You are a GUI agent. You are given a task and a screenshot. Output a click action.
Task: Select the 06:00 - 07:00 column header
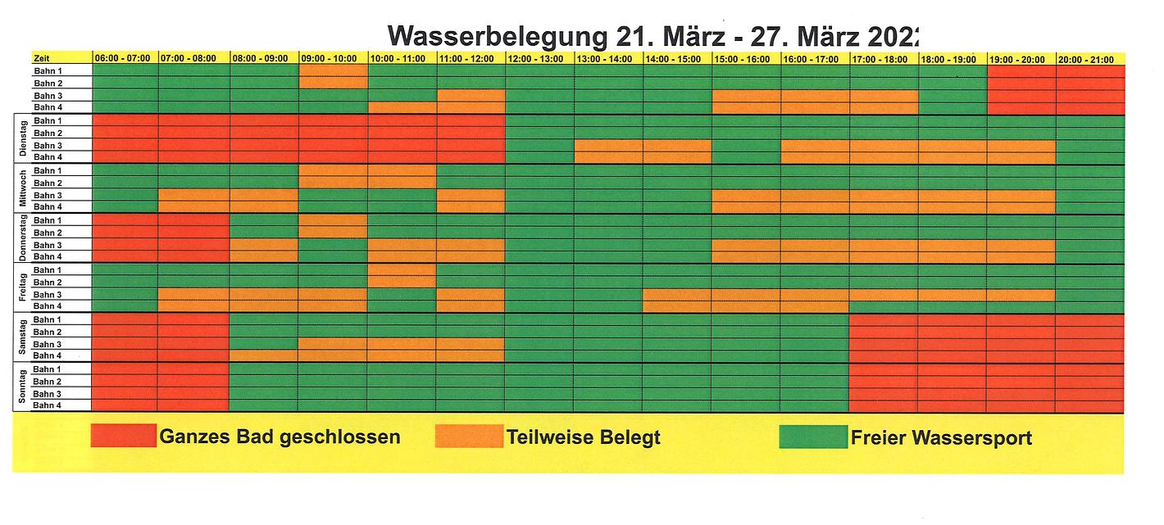point(123,58)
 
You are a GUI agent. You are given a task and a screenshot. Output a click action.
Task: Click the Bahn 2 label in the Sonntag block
point(48,382)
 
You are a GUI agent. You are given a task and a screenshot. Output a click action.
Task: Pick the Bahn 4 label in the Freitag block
point(48,306)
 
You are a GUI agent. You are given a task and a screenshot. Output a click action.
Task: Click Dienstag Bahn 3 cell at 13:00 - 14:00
point(607,145)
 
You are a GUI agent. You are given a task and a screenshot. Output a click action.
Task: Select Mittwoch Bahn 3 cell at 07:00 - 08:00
point(193,195)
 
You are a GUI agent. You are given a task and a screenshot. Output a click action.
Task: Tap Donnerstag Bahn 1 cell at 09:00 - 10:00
point(333,220)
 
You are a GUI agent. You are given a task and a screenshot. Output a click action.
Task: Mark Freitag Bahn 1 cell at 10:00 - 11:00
point(402,269)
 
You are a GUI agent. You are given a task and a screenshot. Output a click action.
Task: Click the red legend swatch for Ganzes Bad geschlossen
point(123,436)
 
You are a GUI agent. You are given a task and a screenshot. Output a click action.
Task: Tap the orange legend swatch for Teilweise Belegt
point(469,436)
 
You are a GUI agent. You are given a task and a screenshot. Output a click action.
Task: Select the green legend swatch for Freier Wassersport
point(813,436)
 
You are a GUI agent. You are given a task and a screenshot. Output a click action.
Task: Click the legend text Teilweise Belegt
point(584,437)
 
